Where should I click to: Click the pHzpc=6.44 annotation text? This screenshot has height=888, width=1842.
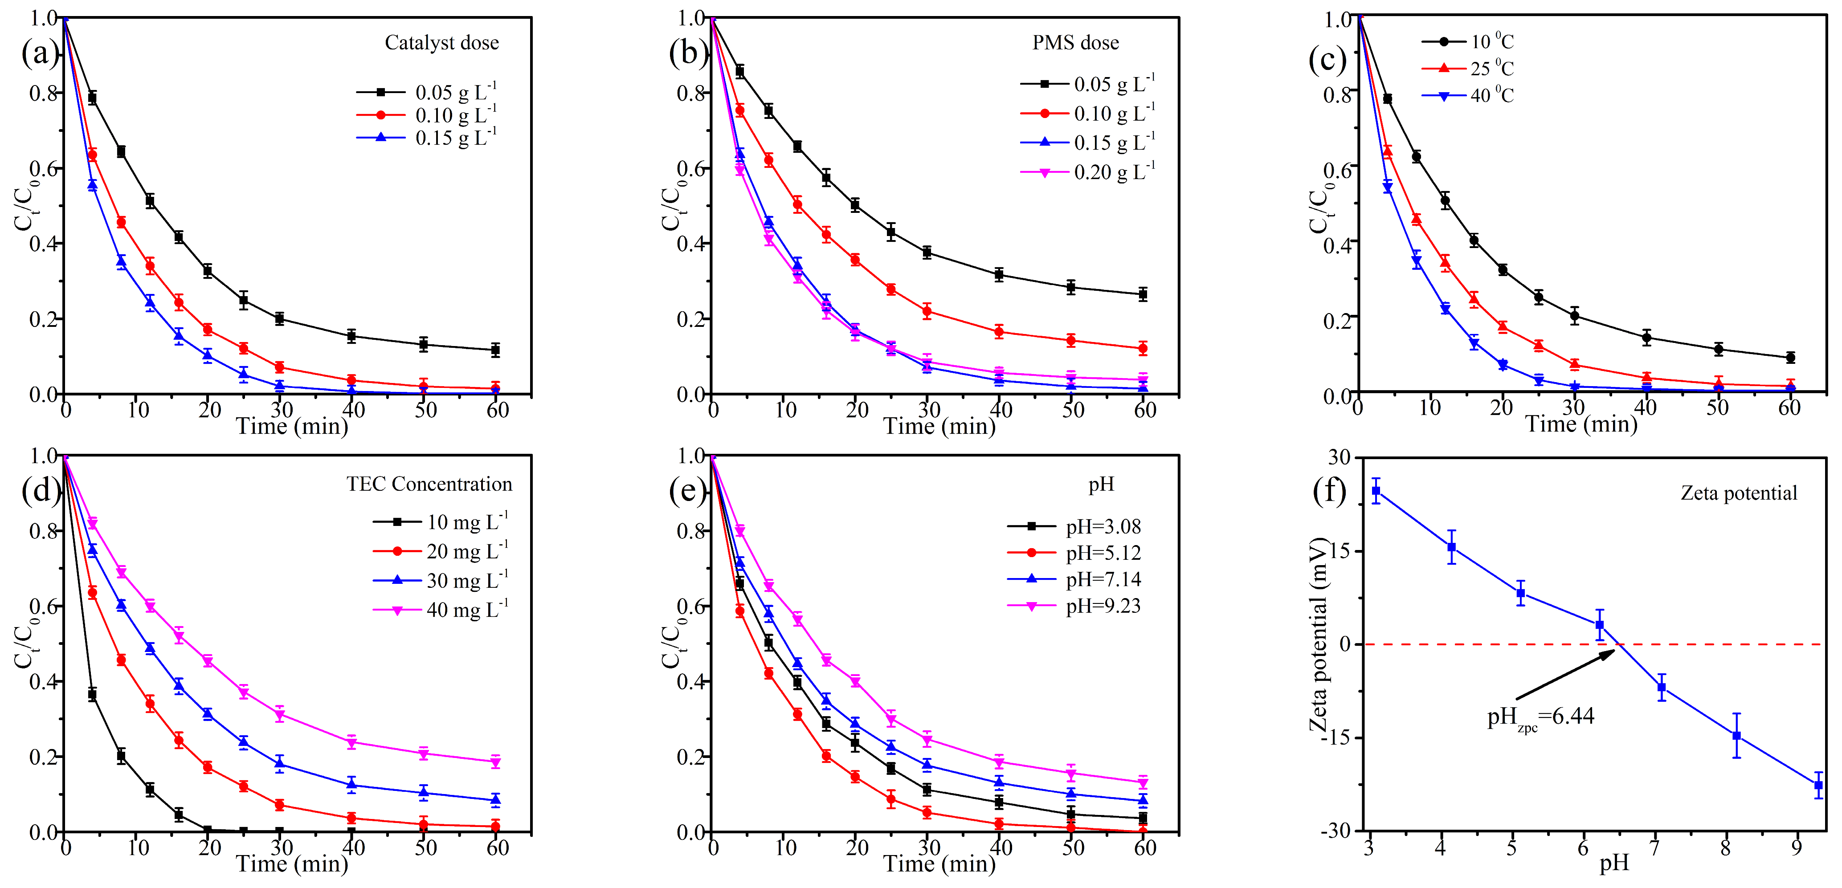[x=1540, y=717]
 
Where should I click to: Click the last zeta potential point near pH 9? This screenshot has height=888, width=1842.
[x=1818, y=785]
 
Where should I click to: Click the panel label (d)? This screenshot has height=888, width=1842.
[x=40, y=490]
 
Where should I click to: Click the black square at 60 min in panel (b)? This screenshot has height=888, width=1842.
[x=1143, y=294]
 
